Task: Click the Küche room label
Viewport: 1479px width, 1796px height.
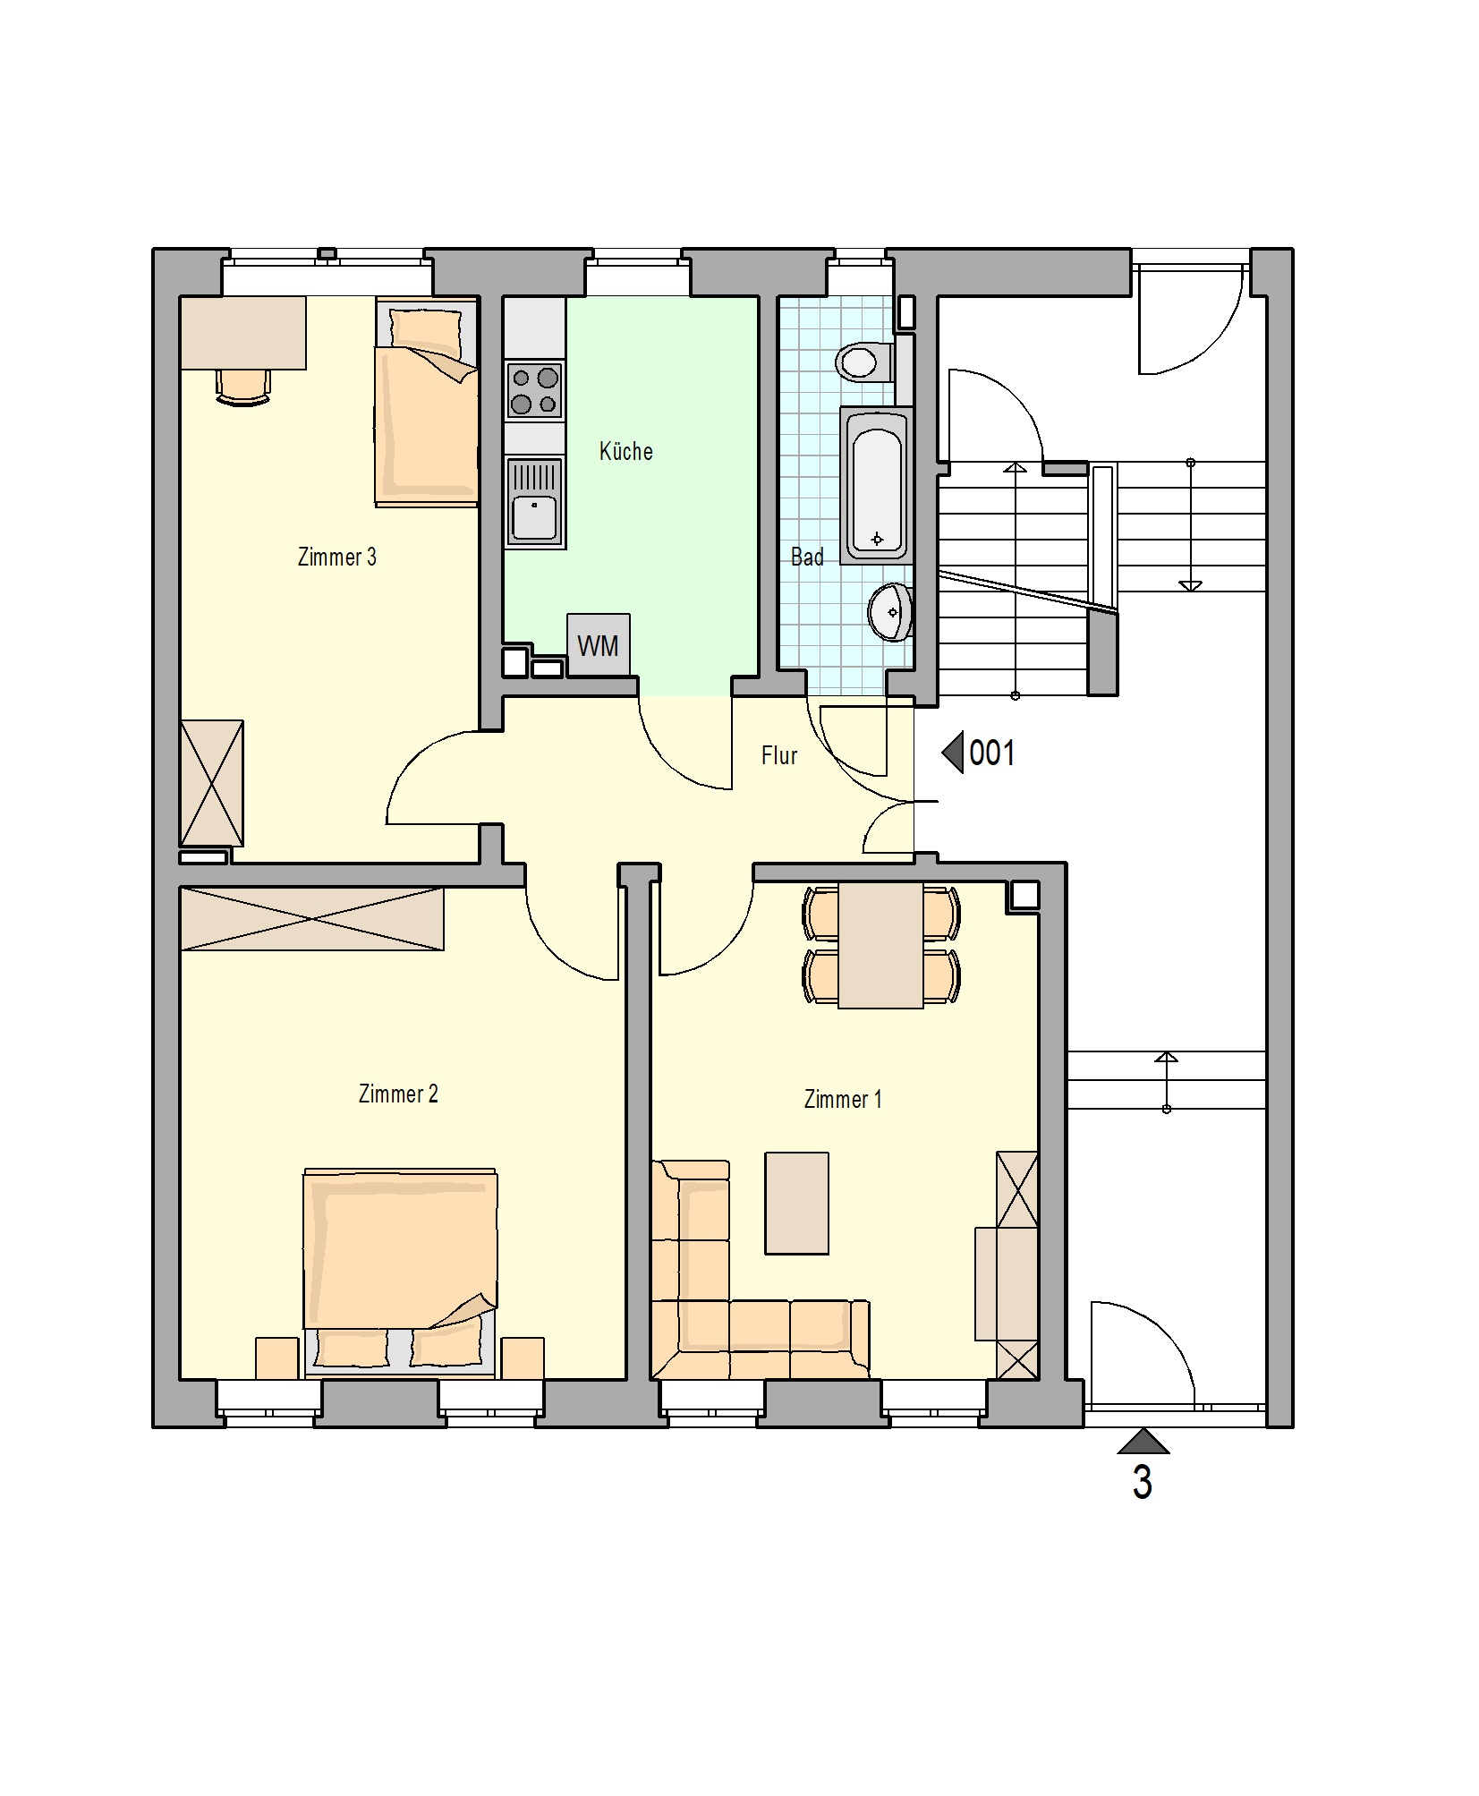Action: [x=625, y=450]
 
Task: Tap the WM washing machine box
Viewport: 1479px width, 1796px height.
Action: [x=598, y=644]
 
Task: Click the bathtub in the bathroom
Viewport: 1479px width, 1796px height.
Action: [x=877, y=484]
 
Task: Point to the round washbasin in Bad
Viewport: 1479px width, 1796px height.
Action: [x=890, y=612]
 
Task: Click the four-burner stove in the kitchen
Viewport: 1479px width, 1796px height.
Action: [x=534, y=391]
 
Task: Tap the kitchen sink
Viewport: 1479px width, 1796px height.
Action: [x=534, y=502]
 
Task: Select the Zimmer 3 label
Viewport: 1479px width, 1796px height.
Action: [x=336, y=557]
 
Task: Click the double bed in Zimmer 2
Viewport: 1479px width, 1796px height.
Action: [x=400, y=1272]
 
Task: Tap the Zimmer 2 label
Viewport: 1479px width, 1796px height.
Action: [x=398, y=1094]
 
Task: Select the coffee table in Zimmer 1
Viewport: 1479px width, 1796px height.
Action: [x=796, y=1203]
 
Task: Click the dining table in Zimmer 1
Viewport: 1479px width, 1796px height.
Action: [x=880, y=945]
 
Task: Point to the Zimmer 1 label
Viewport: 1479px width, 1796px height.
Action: [x=843, y=1099]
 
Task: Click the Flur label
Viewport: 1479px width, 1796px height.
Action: [x=778, y=755]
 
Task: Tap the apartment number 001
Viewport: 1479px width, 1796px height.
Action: [x=991, y=753]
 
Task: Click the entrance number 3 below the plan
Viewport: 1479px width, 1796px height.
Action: [x=1142, y=1482]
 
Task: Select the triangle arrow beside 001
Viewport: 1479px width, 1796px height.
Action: [x=952, y=752]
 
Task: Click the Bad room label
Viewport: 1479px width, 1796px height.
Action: [x=807, y=557]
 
